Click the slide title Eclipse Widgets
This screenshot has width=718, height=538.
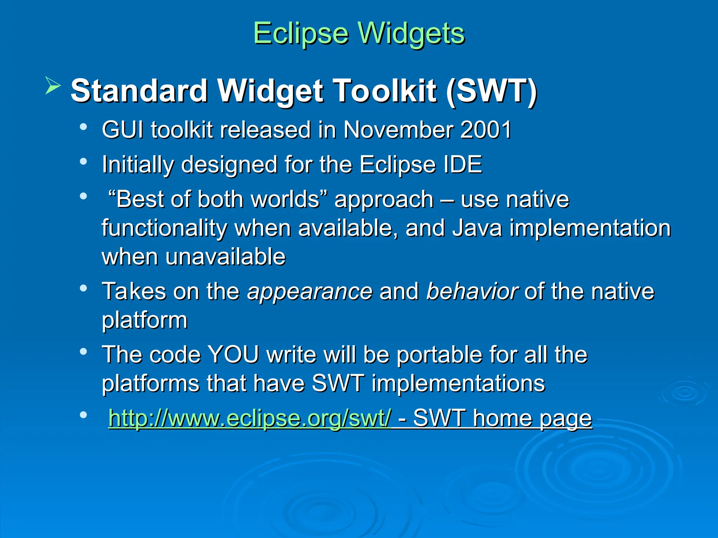(x=359, y=34)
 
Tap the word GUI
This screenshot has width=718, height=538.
(x=122, y=130)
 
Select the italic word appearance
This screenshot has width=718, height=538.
(x=310, y=291)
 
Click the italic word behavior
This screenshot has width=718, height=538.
(x=472, y=291)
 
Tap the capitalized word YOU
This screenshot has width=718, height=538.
(x=233, y=354)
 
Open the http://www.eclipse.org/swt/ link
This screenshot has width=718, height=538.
(x=249, y=418)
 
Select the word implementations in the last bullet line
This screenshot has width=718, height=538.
(x=458, y=383)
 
